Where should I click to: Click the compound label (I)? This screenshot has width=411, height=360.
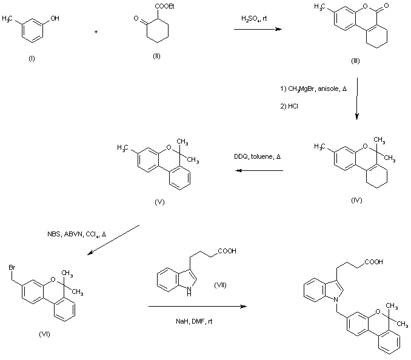pyautogui.click(x=32, y=58)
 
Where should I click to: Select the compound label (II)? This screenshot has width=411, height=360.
pyautogui.click(x=156, y=56)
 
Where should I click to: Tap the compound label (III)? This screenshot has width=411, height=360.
pyautogui.click(x=355, y=61)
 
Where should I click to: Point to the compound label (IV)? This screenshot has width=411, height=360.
pyautogui.click(x=356, y=200)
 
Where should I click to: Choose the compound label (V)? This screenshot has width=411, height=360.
pyautogui.click(x=159, y=202)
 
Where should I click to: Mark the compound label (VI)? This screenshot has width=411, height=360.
pyautogui.click(x=44, y=334)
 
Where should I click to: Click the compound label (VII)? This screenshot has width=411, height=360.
pyautogui.click(x=220, y=285)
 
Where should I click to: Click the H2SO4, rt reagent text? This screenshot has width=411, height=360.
pyautogui.click(x=254, y=19)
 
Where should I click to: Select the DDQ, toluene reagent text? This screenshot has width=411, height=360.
pyautogui.click(x=257, y=157)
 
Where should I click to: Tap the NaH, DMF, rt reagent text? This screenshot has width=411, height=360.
pyautogui.click(x=194, y=321)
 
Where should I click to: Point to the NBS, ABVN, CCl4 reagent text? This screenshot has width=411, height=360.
pyautogui.click(x=76, y=234)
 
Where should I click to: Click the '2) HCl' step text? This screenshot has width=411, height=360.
pyautogui.click(x=289, y=106)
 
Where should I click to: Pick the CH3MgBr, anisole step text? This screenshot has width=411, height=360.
pyautogui.click(x=313, y=89)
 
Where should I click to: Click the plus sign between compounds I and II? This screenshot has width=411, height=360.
pyautogui.click(x=96, y=32)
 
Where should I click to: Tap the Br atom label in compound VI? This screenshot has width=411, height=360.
pyautogui.click(x=12, y=267)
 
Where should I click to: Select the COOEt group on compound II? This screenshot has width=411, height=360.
pyautogui.click(x=164, y=6)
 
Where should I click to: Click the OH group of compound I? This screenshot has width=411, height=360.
pyautogui.click(x=55, y=18)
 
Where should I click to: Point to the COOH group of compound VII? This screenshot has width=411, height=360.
pyautogui.click(x=227, y=251)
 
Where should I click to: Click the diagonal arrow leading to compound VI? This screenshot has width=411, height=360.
pyautogui.click(x=113, y=240)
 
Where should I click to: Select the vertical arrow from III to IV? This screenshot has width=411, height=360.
pyautogui.click(x=356, y=99)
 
